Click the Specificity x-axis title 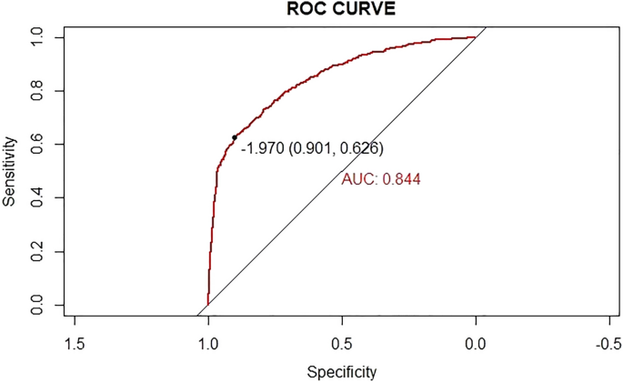(x=341, y=371)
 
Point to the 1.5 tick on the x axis (x=75, y=342)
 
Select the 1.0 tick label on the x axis (x=208, y=342)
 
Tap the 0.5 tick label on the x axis (x=342, y=342)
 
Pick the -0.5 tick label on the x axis (x=607, y=342)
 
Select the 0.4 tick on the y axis (x=38, y=197)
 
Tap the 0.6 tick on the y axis (x=38, y=144)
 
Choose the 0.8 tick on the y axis (x=38, y=91)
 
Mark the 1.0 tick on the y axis (x=38, y=37)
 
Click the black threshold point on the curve (x=235, y=137)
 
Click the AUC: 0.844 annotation (x=381, y=180)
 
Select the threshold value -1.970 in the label (x=262, y=148)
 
